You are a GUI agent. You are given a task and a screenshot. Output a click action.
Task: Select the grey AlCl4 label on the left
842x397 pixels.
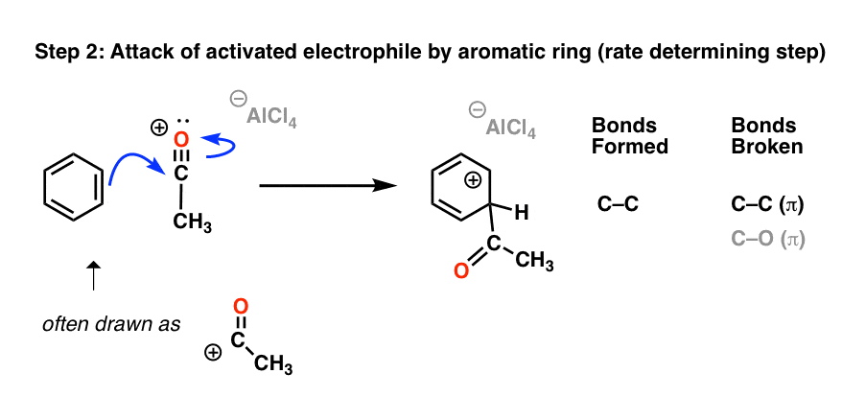pyautogui.click(x=268, y=117)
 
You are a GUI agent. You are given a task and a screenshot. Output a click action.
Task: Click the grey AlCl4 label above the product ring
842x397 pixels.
pyautogui.click(x=511, y=128)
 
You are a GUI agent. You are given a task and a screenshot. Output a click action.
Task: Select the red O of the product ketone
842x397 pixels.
pyautogui.click(x=461, y=270)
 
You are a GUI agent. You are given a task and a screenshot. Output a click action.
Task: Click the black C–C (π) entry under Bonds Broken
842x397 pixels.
pyautogui.click(x=766, y=203)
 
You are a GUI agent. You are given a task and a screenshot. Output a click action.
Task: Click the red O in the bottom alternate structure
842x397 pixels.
pyautogui.click(x=241, y=306)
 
